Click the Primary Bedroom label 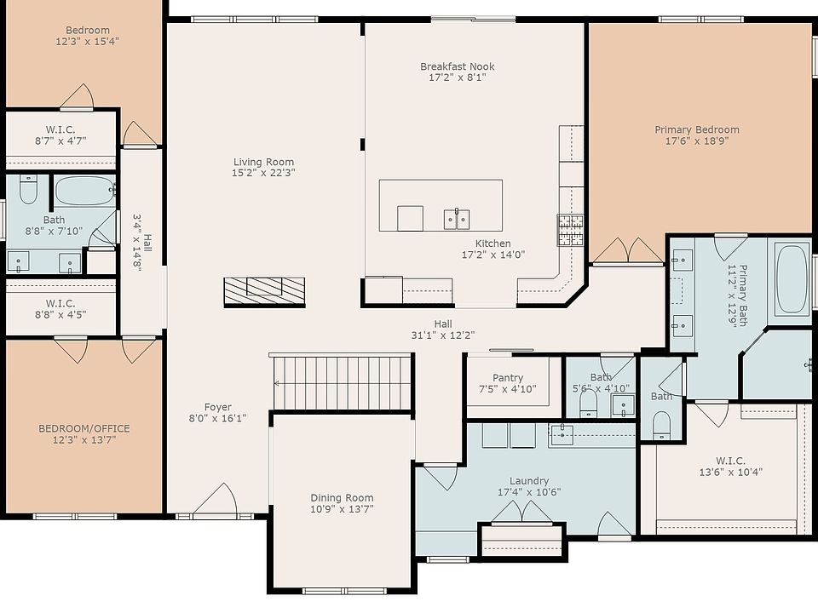(697, 129)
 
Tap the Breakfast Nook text (458, 66)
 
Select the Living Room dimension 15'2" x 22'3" (263, 173)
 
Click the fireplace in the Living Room (264, 292)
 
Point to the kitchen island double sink (457, 219)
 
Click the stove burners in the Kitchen (570, 230)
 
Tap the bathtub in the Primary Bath (792, 279)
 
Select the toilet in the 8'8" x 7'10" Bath (28, 189)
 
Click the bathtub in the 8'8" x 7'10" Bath (84, 190)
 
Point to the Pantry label (508, 378)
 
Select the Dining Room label (342, 498)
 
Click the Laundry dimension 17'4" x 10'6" (529, 492)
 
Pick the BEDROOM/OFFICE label (84, 428)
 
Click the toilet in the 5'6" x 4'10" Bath (589, 404)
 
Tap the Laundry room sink (562, 435)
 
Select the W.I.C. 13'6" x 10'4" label (730, 467)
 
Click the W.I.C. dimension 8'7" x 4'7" (60, 140)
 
